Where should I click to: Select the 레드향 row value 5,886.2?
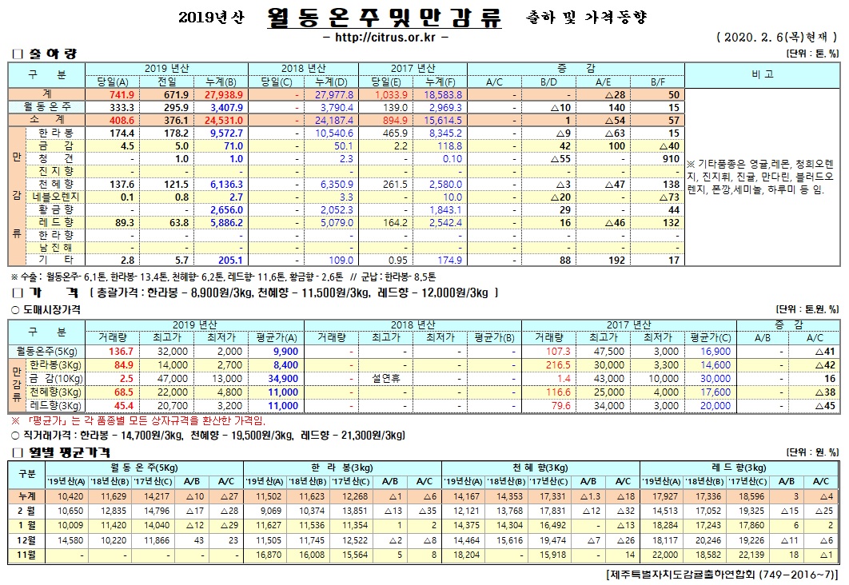click(x=225, y=222)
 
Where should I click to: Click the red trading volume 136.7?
click(x=119, y=352)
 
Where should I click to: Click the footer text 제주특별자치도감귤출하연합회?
click(x=688, y=575)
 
